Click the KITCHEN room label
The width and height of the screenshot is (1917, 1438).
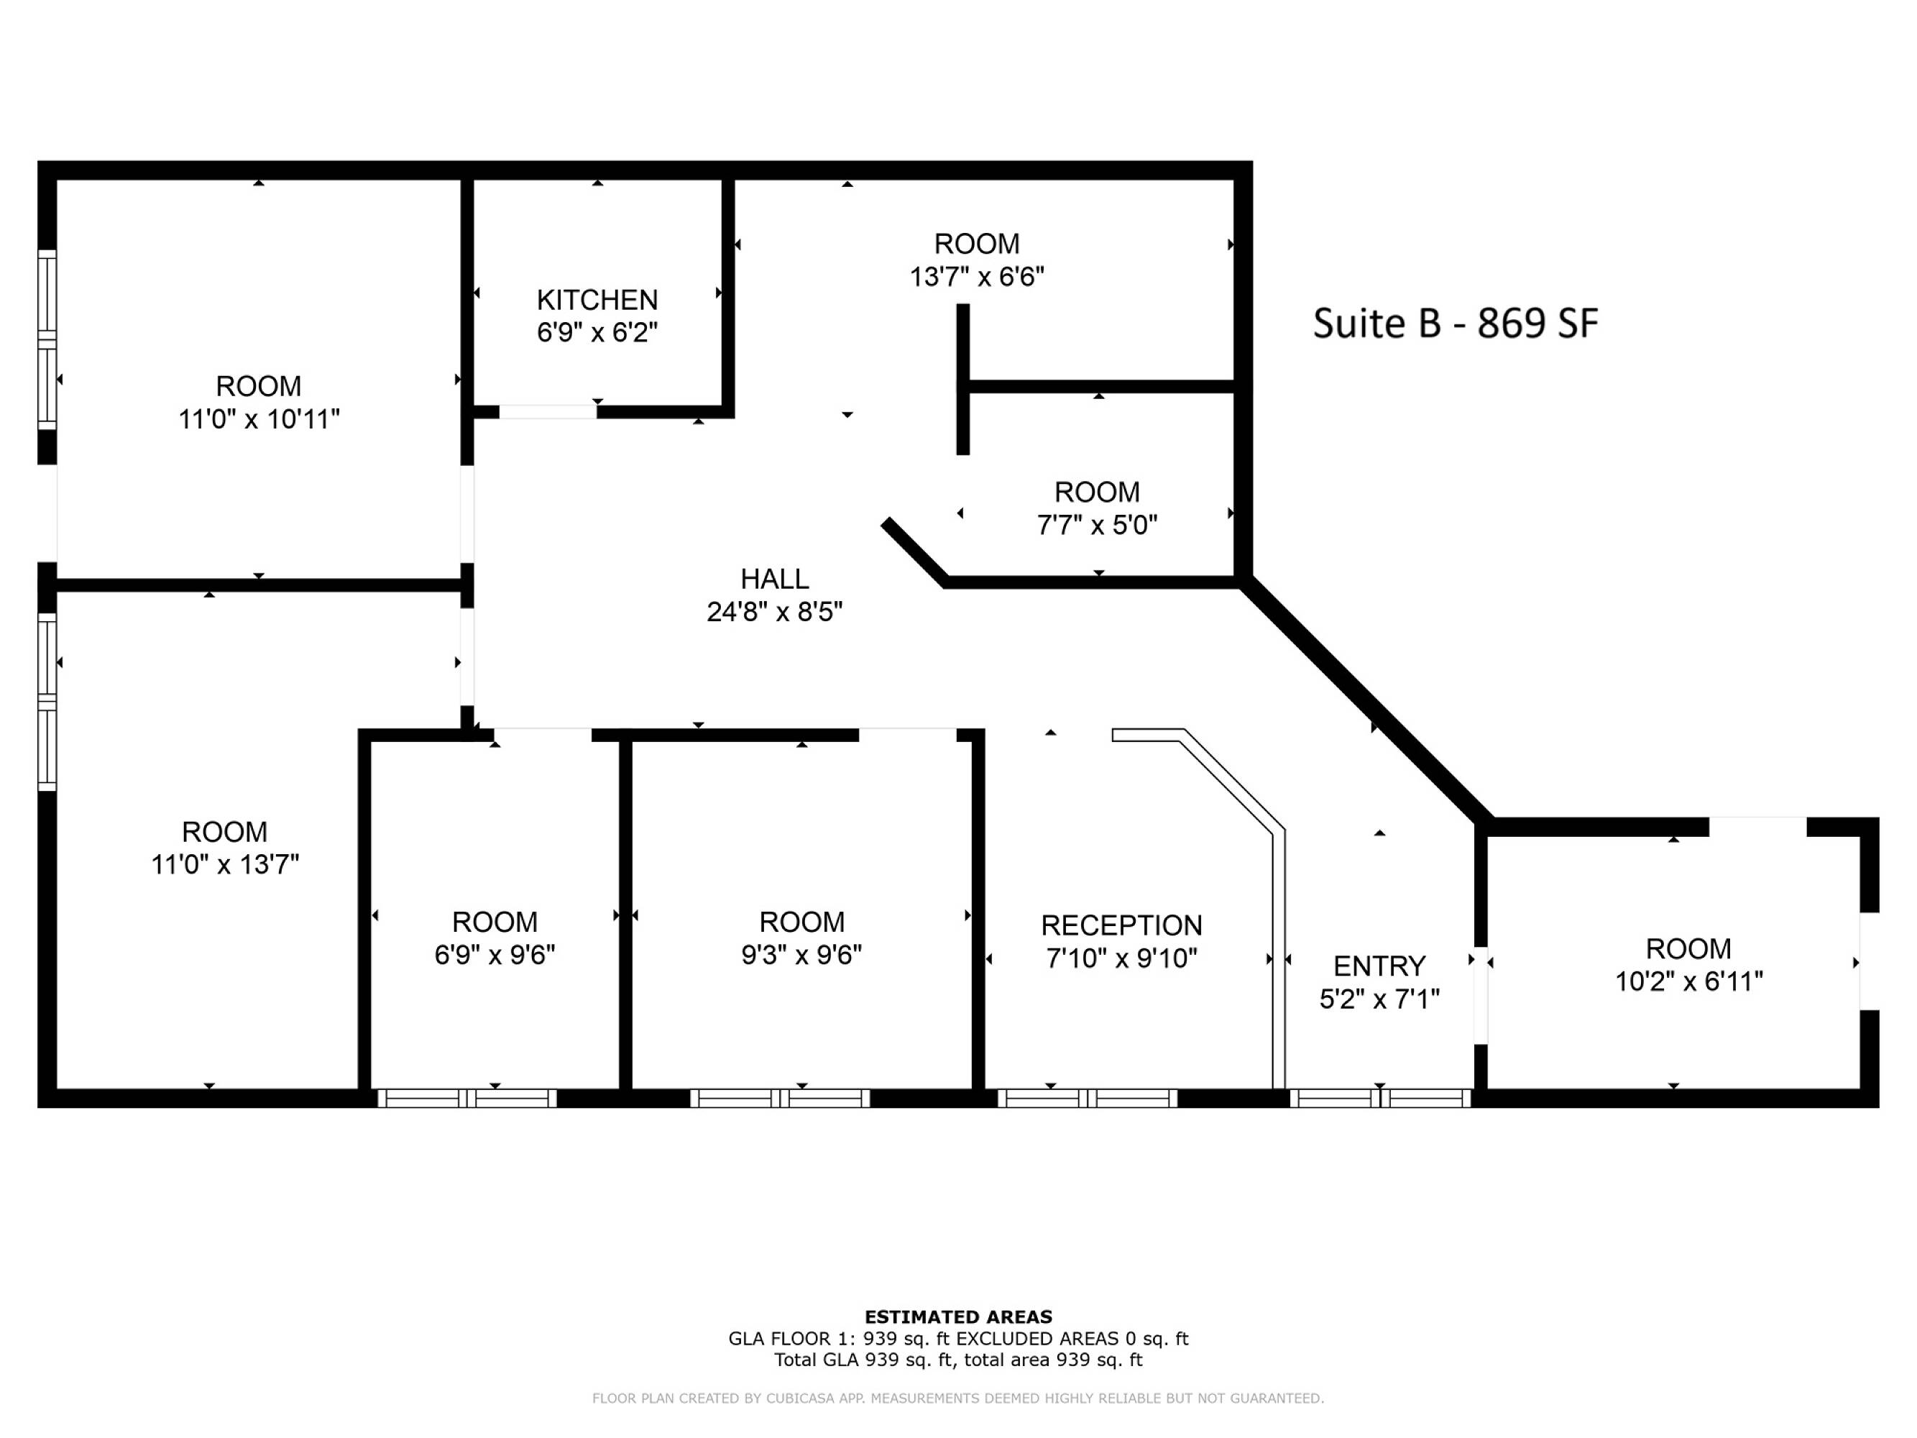coord(597,300)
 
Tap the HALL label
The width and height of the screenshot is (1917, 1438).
coord(775,579)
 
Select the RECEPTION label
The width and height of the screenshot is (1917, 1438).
coord(1121,926)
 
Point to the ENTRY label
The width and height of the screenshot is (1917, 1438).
coord(1379,966)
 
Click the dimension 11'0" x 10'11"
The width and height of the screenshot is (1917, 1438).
coord(259,419)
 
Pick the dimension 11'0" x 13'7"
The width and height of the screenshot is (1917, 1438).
coord(225,865)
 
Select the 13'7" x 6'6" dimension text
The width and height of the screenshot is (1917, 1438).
coord(977,277)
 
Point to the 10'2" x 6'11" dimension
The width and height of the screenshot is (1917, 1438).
coord(1689,982)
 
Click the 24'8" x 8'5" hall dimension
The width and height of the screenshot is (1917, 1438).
coord(775,613)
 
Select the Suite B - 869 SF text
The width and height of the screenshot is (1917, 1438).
coord(1455,324)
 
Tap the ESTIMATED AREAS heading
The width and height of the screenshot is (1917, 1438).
coord(959,1317)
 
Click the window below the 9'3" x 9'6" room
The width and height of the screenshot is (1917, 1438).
coord(780,1098)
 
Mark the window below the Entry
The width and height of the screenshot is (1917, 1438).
coord(1381,1098)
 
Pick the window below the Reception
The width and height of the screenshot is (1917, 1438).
coord(1088,1098)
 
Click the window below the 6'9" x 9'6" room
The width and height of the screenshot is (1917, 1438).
coord(467,1098)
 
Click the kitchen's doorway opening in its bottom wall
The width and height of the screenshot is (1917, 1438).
coord(548,412)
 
